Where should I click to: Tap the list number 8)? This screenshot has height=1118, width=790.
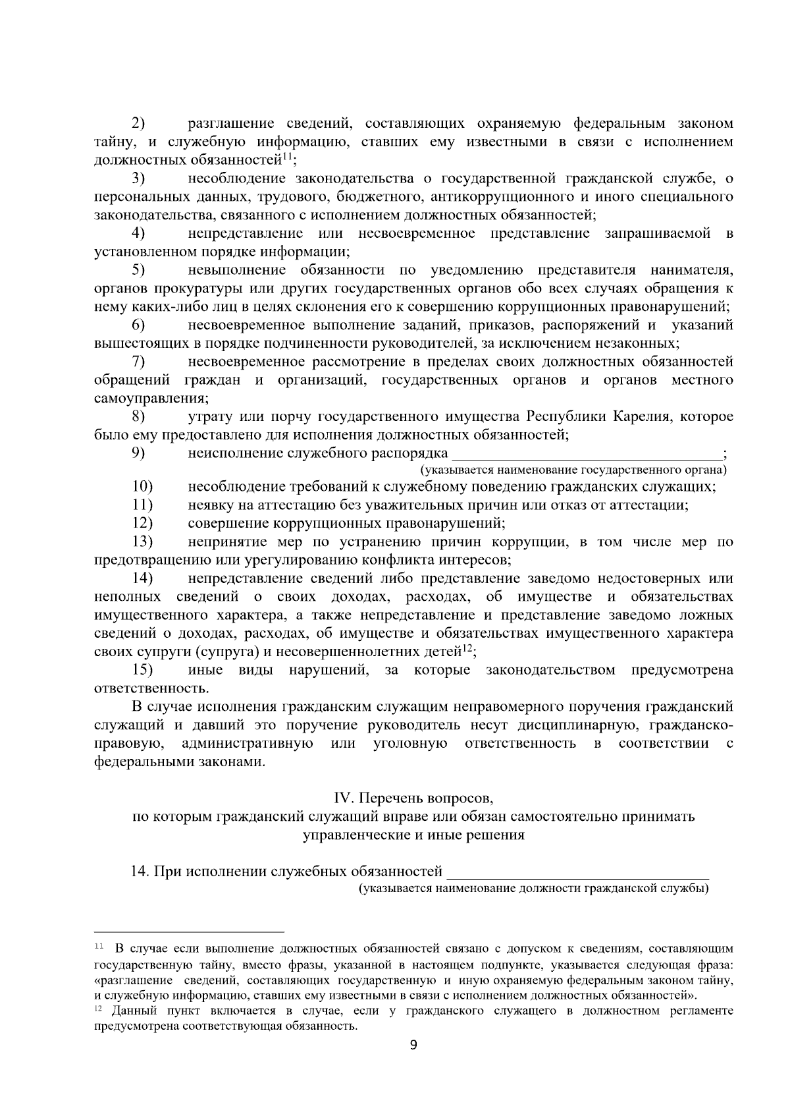138,416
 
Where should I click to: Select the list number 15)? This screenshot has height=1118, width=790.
142,670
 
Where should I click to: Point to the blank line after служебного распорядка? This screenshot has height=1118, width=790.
587,455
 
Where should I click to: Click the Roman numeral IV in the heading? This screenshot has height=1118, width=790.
345,798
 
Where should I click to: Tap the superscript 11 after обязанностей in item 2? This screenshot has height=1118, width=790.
287,156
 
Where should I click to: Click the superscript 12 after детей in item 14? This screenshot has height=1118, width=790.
467,648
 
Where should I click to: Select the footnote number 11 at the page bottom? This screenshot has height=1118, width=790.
99,947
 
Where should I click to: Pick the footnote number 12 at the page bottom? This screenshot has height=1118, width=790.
99,1009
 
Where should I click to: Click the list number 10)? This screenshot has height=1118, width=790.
142,487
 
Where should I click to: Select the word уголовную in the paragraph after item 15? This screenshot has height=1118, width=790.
410,744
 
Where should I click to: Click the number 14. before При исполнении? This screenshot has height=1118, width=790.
141,872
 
